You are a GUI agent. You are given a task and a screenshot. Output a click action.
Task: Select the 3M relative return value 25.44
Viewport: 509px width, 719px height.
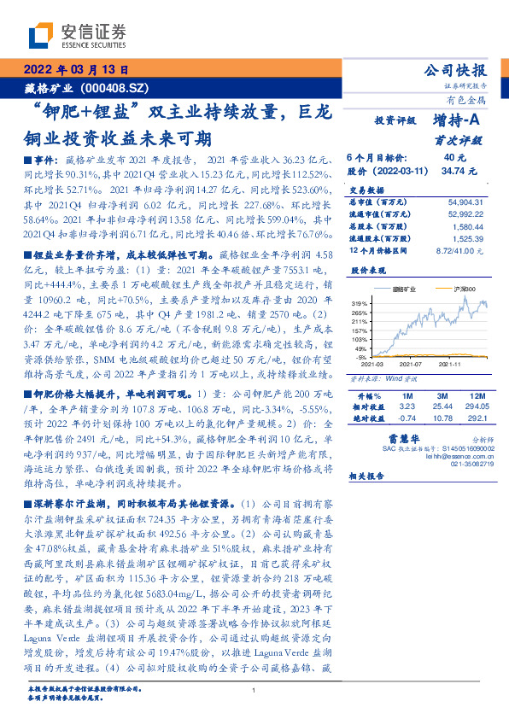442,408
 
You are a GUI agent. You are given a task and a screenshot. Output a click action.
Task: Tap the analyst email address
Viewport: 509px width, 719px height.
448,456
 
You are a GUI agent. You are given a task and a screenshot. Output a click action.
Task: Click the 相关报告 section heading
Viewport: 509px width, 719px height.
369,478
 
